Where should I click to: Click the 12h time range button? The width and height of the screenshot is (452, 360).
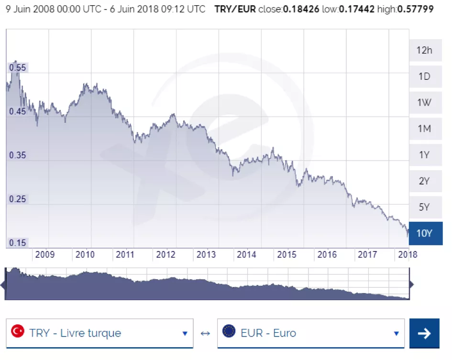pyautogui.click(x=424, y=50)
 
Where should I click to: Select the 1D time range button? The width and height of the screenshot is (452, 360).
pyautogui.click(x=424, y=76)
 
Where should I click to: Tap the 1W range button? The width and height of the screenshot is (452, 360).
pyautogui.click(x=424, y=103)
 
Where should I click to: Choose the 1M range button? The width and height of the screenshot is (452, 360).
pyautogui.click(x=424, y=129)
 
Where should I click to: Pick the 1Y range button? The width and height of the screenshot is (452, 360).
pyautogui.click(x=424, y=155)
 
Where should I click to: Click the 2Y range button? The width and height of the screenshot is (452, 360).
pyautogui.click(x=424, y=181)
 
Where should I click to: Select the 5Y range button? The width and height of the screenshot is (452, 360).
pyautogui.click(x=424, y=207)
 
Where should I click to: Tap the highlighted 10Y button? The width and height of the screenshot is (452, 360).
pyautogui.click(x=424, y=233)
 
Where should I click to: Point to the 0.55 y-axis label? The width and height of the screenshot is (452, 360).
pyautogui.click(x=17, y=68)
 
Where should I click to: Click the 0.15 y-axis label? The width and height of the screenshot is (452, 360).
pyautogui.click(x=17, y=243)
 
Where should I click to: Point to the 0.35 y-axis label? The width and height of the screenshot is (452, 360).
pyautogui.click(x=17, y=155)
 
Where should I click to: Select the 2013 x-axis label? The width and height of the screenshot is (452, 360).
pyautogui.click(x=206, y=254)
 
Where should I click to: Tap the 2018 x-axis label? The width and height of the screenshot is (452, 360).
pyautogui.click(x=408, y=254)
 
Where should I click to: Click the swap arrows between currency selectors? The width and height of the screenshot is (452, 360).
pyautogui.click(x=205, y=333)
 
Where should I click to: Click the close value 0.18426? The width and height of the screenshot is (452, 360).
pyautogui.click(x=298, y=9)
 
